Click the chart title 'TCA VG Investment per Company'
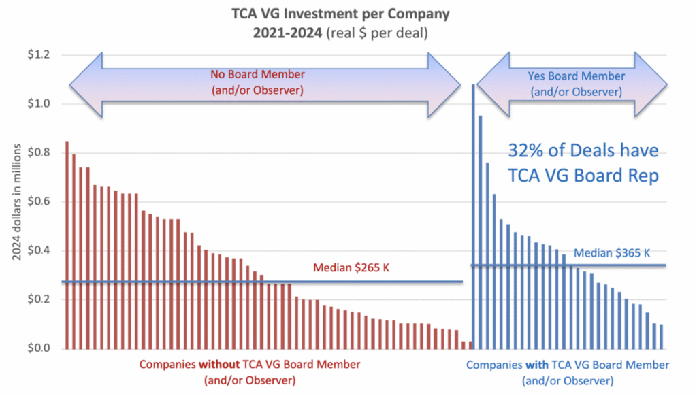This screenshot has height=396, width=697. [x=348, y=14]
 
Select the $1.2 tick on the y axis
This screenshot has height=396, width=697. [x=33, y=54]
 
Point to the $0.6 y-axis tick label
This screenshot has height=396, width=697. [x=33, y=202]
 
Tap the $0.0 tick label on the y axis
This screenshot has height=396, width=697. [x=33, y=349]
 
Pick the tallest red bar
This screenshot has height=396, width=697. [x=67, y=245]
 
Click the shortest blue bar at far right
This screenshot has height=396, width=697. [x=662, y=337]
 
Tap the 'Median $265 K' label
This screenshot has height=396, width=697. [x=351, y=267]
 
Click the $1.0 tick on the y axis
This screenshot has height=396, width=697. [x=33, y=104]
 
